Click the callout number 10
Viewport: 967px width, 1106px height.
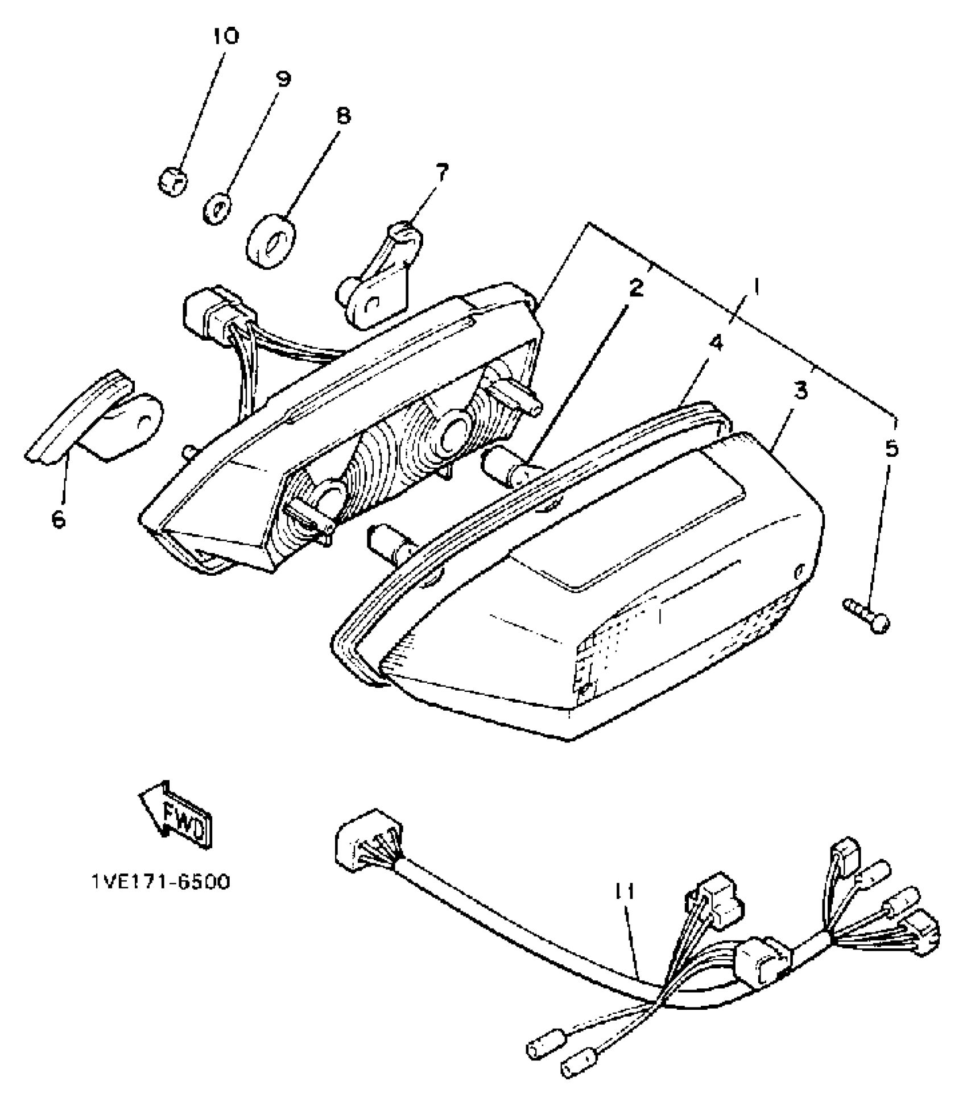226,36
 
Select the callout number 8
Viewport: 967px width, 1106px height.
344,116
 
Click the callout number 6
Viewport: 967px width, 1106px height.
59,519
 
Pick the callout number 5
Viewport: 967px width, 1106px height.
891,449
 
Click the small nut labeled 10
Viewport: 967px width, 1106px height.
172,182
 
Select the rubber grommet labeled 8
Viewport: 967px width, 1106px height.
270,241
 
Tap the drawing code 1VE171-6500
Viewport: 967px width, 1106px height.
161,882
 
